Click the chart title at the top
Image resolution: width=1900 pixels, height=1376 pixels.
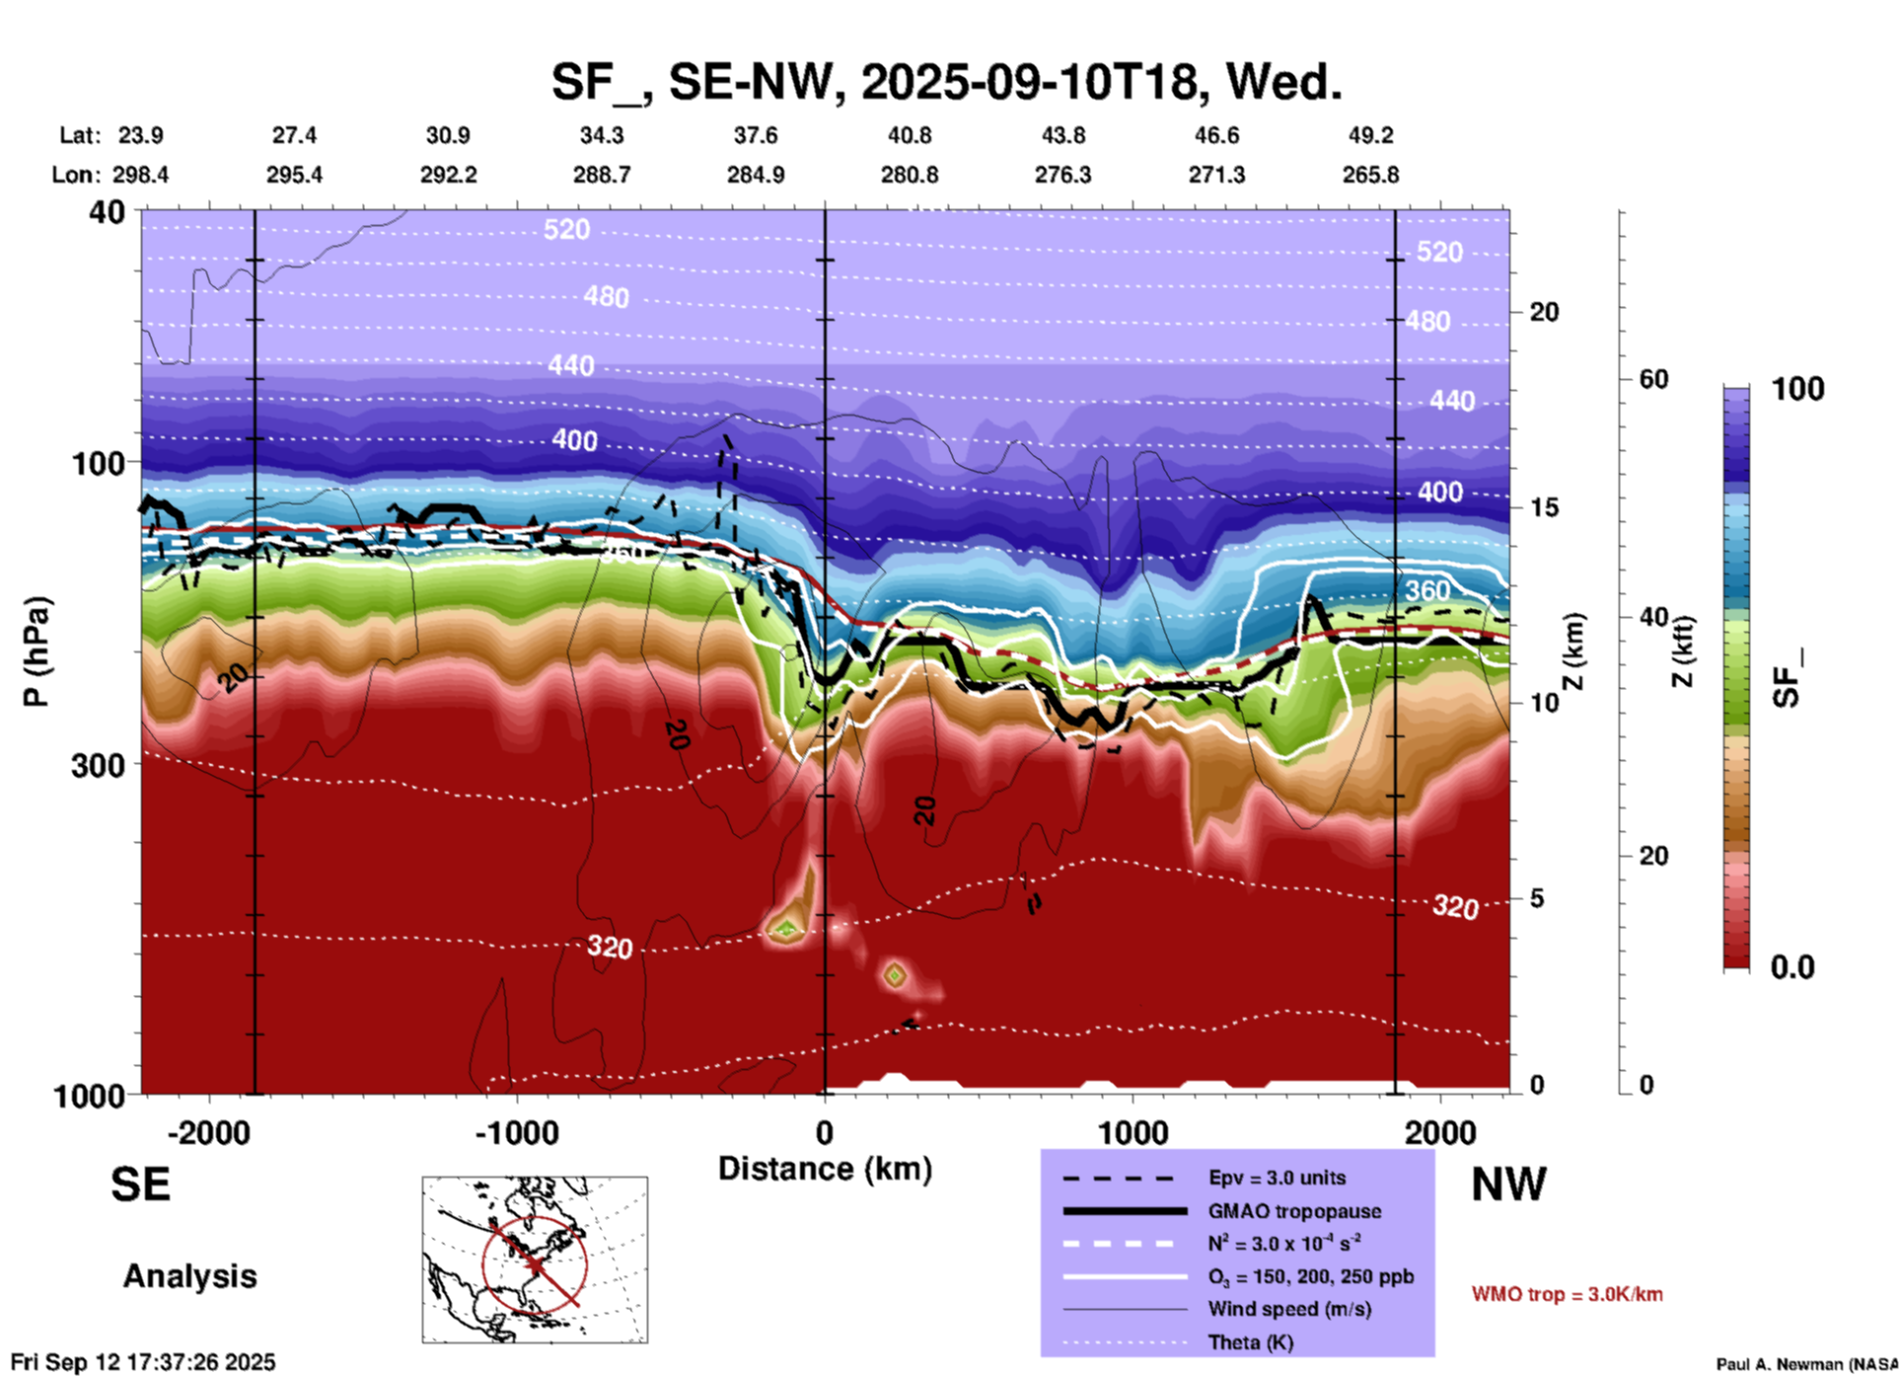click(946, 82)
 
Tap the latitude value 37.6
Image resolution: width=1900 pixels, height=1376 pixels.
click(756, 135)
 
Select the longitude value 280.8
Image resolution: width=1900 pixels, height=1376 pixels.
click(909, 176)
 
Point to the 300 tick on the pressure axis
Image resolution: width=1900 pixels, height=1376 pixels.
click(99, 765)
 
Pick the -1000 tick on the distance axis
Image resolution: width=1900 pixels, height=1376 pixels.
click(516, 1133)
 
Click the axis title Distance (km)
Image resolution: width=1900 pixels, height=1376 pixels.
click(825, 1169)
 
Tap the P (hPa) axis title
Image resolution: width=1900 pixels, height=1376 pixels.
click(37, 650)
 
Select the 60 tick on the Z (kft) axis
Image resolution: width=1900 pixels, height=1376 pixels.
click(1653, 379)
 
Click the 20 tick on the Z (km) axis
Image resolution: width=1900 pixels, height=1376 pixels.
click(1544, 312)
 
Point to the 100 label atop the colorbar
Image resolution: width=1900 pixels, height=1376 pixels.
click(1797, 389)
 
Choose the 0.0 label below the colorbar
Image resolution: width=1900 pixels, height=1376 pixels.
click(1792, 967)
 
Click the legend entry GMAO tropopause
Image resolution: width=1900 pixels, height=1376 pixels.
click(1294, 1211)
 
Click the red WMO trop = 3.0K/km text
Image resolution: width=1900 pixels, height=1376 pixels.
click(1567, 1294)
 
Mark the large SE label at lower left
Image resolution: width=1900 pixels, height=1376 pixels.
click(140, 1185)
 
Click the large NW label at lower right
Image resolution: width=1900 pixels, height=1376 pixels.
click(1508, 1185)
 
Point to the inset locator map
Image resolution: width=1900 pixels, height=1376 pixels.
click(535, 1259)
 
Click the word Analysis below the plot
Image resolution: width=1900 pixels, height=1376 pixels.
click(189, 1276)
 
